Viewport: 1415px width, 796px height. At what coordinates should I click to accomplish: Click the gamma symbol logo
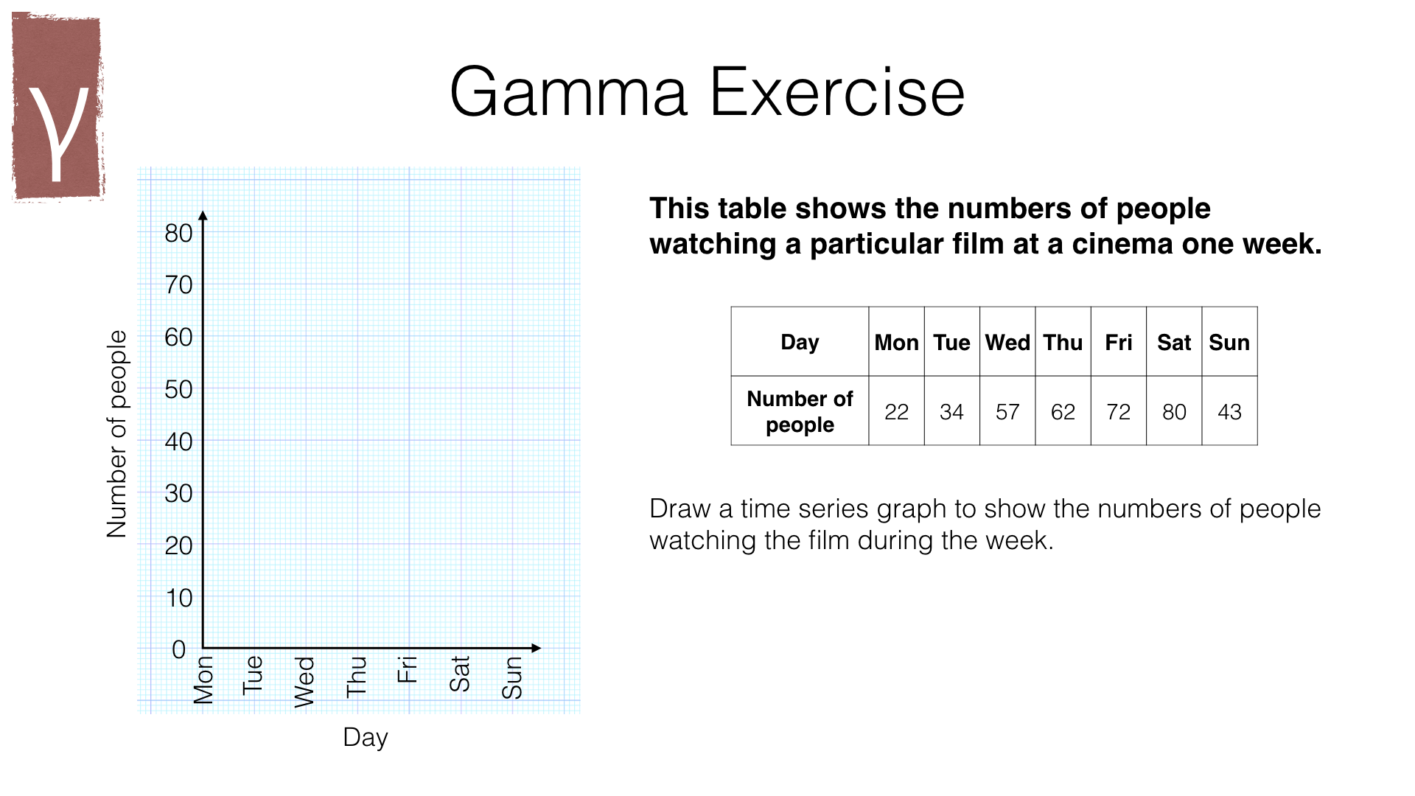coord(57,108)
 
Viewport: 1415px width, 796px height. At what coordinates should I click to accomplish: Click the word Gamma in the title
coord(568,93)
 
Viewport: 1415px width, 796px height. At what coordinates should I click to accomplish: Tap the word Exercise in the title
coord(837,92)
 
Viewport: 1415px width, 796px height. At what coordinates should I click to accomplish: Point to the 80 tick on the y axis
coord(178,233)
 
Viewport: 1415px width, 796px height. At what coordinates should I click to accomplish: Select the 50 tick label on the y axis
coord(178,389)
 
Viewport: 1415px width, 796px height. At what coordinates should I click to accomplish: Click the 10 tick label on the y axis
coord(179,598)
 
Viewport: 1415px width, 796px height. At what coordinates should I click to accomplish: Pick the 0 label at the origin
coord(178,649)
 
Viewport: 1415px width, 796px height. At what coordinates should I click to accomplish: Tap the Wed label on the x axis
coord(304,682)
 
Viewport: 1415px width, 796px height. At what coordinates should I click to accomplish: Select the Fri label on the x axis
coord(408,669)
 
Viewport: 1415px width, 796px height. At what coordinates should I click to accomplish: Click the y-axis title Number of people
coord(116,433)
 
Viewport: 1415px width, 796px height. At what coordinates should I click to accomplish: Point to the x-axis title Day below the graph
coord(366,738)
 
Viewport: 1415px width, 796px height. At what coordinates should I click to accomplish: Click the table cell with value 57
coord(1007,411)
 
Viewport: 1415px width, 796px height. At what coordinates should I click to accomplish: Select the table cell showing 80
coord(1174,411)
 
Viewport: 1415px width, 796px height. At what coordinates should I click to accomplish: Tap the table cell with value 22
coord(896,411)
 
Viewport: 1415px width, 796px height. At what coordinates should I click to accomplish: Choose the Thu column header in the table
coord(1063,342)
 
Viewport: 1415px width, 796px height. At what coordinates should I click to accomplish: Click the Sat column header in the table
coord(1174,342)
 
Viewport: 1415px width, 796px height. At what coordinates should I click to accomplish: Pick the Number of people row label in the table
coord(800,411)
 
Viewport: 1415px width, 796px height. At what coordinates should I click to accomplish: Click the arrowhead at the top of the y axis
coord(203,215)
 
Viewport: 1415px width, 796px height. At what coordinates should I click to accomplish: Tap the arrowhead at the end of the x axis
coord(536,648)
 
